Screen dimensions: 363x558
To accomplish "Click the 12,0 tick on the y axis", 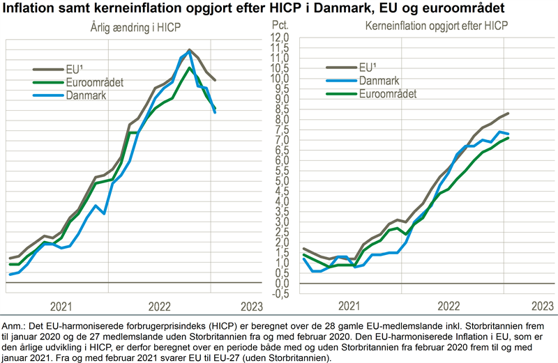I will coord(280,36).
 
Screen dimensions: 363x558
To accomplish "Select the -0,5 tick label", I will coord(280,293).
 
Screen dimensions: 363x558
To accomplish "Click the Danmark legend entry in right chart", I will coord(379,81).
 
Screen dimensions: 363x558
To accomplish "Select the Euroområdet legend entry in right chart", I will coord(387,94).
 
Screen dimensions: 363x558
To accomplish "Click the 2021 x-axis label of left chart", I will coord(61,306).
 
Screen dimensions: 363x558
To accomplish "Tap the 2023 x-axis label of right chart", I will coord(542,306).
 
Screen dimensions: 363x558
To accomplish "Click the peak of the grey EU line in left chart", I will coord(189,50).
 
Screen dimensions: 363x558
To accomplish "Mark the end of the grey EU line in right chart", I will coord(508,113).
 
